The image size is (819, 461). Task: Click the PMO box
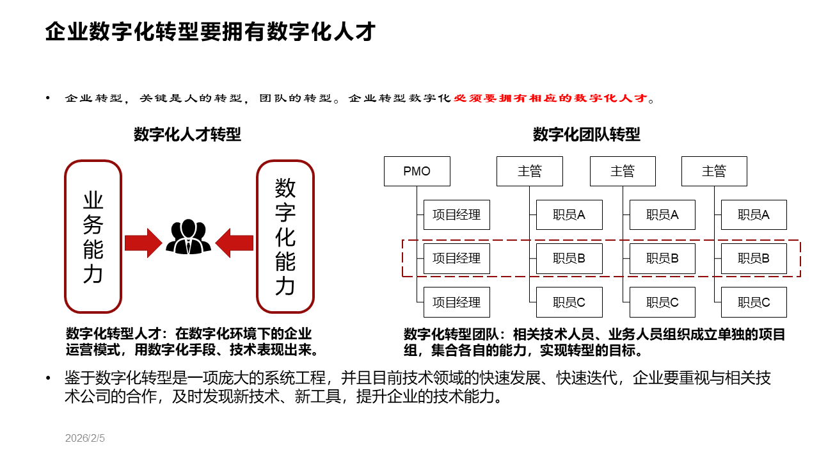pos(417,172)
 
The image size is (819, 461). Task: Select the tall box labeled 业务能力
pos(93,236)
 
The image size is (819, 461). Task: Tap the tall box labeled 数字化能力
pos(285,236)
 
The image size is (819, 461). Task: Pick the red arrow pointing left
pos(235,243)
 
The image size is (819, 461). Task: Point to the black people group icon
pos(188,238)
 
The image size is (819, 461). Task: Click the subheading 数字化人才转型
pos(187,134)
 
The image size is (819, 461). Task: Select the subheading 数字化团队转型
pos(587,134)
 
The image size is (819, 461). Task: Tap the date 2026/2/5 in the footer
pos(85,439)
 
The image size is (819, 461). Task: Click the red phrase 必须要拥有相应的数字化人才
pos(551,99)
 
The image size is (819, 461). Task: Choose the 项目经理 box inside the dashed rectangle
pos(457,259)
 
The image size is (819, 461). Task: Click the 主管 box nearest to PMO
pos(530,172)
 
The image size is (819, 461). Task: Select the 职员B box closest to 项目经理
pos(569,259)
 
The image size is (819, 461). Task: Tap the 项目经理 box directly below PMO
pos(457,215)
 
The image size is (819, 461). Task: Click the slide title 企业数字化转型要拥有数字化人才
pos(210,31)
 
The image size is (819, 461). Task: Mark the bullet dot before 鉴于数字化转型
pos(48,379)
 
